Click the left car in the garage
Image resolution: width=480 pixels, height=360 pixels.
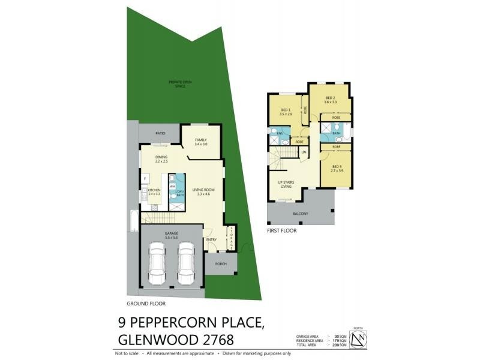[157, 263]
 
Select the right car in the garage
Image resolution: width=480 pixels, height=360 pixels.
[186, 263]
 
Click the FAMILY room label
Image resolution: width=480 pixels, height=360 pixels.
[200, 140]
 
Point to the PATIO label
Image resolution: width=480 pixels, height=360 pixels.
[160, 133]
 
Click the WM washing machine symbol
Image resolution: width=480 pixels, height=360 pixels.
[172, 187]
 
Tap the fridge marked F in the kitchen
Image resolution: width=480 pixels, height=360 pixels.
[145, 179]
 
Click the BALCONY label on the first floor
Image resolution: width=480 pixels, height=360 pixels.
[301, 214]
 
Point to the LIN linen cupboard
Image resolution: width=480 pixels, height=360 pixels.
[304, 152]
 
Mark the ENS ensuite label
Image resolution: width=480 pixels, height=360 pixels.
[280, 133]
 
